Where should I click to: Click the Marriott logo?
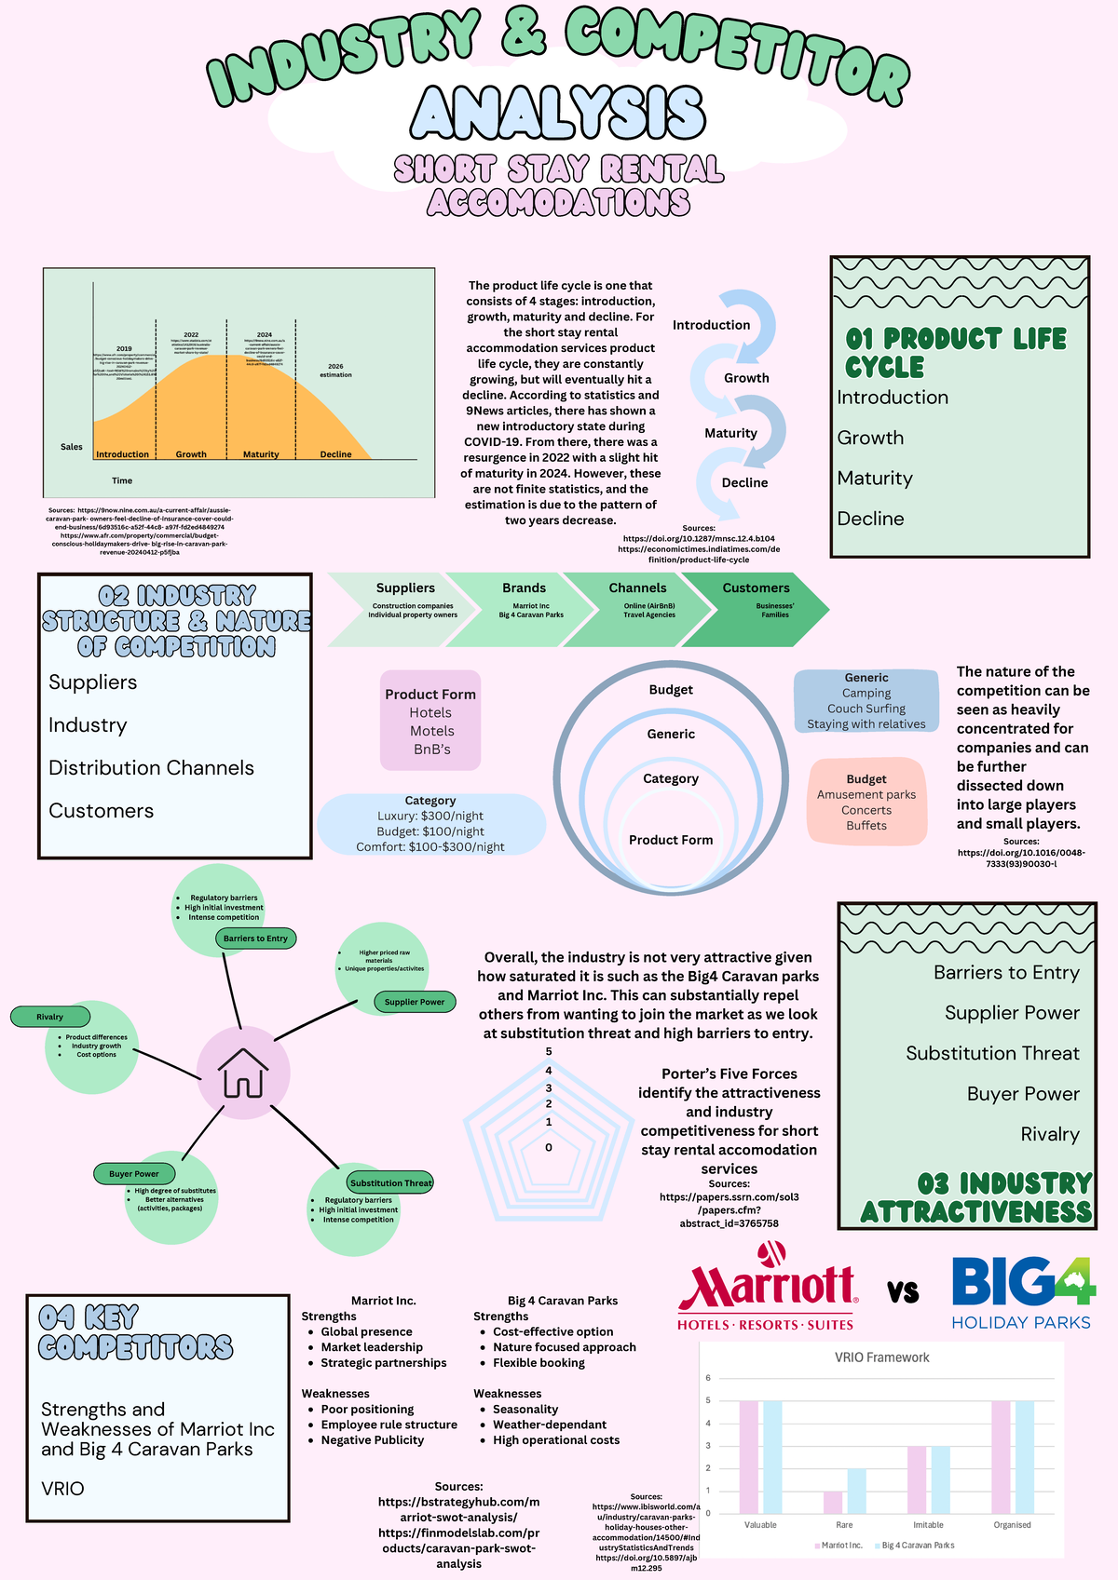[766, 1288]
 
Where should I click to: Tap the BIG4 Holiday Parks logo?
[1022, 1292]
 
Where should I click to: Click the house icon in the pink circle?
[243, 1073]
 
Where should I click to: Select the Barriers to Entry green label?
[255, 938]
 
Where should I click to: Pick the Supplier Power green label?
[415, 1002]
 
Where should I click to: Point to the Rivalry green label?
[50, 1017]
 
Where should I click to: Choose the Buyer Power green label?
[134, 1173]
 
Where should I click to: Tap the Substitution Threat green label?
[390, 1182]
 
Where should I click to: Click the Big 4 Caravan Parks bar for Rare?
[856, 1491]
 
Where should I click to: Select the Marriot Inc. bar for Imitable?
[917, 1479]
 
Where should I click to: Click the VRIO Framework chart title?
[881, 1357]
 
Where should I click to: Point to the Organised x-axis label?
[1012, 1525]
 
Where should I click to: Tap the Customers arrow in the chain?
[757, 609]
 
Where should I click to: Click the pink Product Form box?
[430, 721]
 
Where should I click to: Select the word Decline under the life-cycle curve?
[335, 454]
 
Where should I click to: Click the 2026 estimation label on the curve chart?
[335, 371]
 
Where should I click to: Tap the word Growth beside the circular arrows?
[746, 378]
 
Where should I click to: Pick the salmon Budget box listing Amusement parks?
[866, 802]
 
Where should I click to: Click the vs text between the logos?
[903, 1291]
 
